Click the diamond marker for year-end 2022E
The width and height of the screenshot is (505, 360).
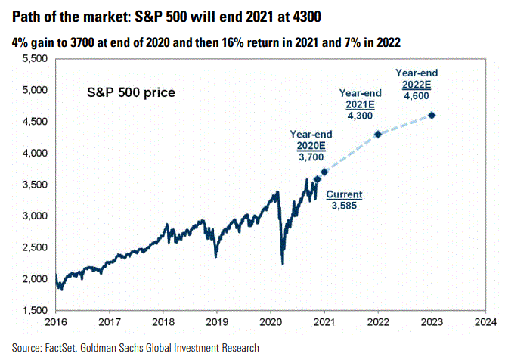pyautogui.click(x=432, y=115)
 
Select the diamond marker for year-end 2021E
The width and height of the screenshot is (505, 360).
pyautogui.click(x=378, y=134)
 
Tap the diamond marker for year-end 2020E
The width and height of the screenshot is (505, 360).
pyautogui.click(x=324, y=172)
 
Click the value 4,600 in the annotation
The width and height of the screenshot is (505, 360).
pyautogui.click(x=417, y=96)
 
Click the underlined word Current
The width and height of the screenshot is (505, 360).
pyautogui.click(x=344, y=194)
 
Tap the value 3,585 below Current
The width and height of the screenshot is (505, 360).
pyautogui.click(x=344, y=205)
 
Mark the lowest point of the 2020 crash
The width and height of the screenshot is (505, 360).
pyautogui.click(x=283, y=264)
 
